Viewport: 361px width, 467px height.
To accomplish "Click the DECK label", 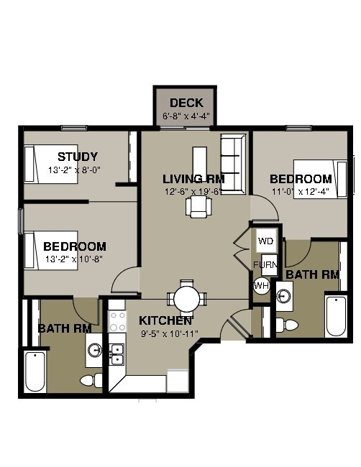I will pos(186,103).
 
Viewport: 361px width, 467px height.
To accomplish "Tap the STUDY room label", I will pos(78,157).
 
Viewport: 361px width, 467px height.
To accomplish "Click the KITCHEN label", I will pos(165,320).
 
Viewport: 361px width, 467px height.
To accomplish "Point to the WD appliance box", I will pos(266,240).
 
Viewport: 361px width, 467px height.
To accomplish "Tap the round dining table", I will pos(187,297).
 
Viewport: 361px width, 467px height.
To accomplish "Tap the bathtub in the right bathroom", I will pos(336,315).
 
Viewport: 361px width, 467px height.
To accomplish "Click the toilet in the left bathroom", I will pos(90,380).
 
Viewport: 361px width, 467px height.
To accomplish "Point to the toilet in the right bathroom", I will pos(289,325).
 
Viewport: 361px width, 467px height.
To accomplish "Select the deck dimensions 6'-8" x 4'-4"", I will pos(186,116).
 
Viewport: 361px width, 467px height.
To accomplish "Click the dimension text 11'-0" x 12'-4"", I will pos(301,192).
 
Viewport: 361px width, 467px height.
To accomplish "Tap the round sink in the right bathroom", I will pos(285,295).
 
